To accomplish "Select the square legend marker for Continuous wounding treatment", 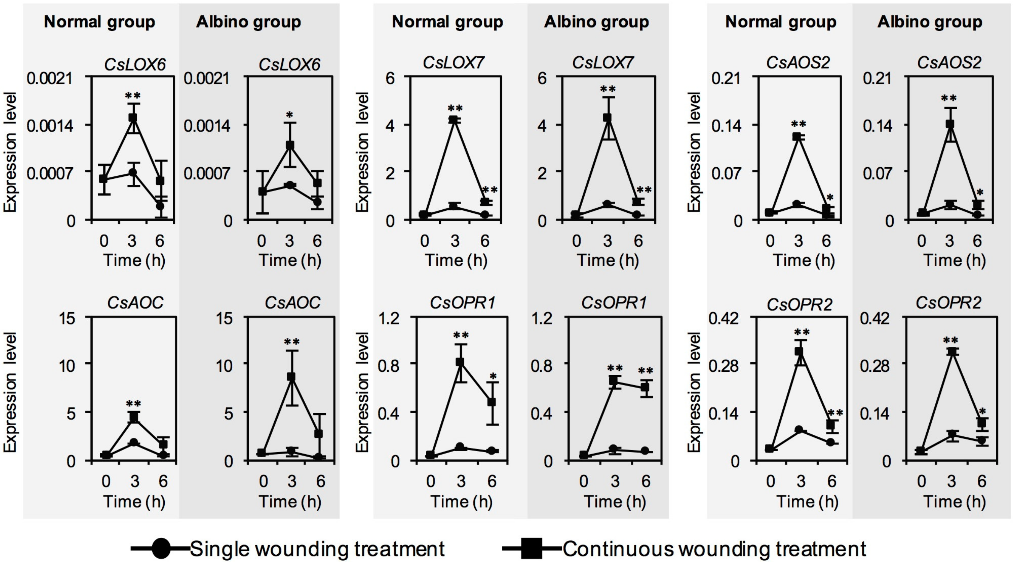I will pos(532,548).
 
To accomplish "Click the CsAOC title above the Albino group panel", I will pos(292,302).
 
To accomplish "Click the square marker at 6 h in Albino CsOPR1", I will pos(645,387).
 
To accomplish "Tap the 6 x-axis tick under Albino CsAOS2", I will pos(977,241).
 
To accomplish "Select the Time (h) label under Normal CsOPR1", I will pos(461,501).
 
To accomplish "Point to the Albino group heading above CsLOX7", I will pos(596,22).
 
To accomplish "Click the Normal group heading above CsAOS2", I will pos(780,22).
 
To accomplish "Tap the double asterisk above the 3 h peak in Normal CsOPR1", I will pos(461,336).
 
